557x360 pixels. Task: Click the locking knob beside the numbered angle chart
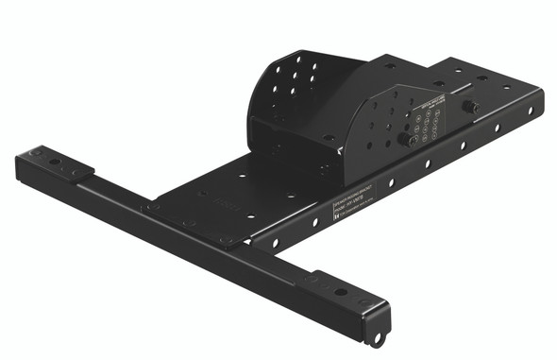[x=404, y=139]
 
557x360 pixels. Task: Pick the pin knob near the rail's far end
[x=469, y=107]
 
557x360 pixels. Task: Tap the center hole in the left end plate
[x=54, y=162]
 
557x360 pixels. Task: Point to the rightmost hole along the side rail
[x=530, y=111]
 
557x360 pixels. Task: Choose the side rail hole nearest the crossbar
[x=276, y=243]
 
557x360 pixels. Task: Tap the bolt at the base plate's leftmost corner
[x=155, y=205]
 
